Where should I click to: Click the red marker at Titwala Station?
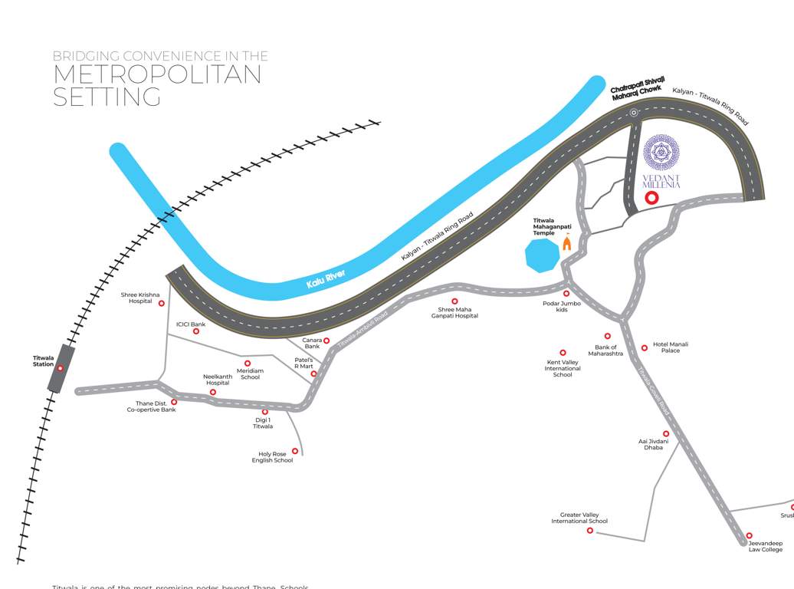pyautogui.click(x=60, y=368)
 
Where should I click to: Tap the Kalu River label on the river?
pyautogui.click(x=326, y=278)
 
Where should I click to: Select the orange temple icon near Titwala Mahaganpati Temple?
pyautogui.click(x=567, y=243)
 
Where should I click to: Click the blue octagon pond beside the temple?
pyautogui.click(x=543, y=255)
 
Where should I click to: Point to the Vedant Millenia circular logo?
pyautogui.click(x=661, y=153)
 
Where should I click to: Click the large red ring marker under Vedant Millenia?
pyautogui.click(x=651, y=198)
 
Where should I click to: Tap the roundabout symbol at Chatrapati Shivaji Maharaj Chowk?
pyautogui.click(x=634, y=113)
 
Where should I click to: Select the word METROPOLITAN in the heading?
pyautogui.click(x=157, y=74)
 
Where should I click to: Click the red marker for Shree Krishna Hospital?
pyautogui.click(x=162, y=303)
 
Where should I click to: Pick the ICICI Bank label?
pyautogui.click(x=191, y=324)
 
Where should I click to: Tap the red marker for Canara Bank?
pyautogui.click(x=326, y=341)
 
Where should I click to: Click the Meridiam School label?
pyautogui.click(x=250, y=374)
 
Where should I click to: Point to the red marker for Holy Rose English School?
pyautogui.click(x=295, y=451)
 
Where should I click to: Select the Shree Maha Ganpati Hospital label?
pyautogui.click(x=454, y=313)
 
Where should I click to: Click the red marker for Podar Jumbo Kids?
pyautogui.click(x=566, y=294)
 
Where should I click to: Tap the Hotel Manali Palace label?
pyautogui.click(x=671, y=347)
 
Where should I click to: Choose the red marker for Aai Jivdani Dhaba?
pyautogui.click(x=666, y=433)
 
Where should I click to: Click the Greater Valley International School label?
pyautogui.click(x=579, y=518)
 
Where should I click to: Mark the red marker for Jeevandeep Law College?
pyautogui.click(x=749, y=535)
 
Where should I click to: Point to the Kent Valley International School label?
pyautogui.click(x=563, y=368)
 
